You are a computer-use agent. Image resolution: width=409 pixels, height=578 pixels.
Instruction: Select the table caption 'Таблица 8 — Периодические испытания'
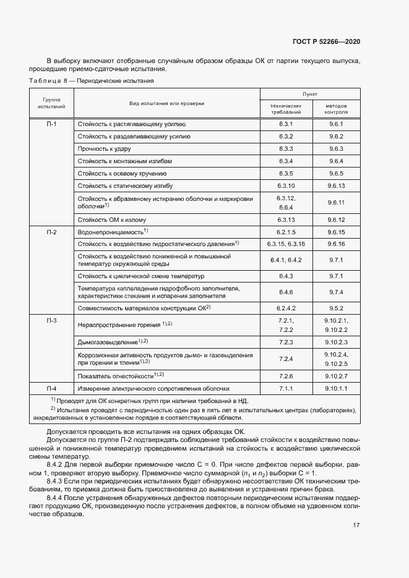coord(92,80)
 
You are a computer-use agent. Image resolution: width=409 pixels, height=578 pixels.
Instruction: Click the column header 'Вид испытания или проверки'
coord(166,103)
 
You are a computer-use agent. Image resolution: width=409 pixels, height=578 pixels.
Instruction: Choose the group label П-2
coord(51,232)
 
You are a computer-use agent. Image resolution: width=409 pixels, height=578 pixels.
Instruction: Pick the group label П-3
coord(51,320)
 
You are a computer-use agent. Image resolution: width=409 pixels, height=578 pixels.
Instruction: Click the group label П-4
coord(51,389)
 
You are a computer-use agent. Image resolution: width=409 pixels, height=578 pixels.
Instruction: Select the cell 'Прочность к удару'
coord(103,149)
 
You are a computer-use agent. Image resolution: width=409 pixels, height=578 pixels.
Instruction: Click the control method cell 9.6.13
coord(336,185)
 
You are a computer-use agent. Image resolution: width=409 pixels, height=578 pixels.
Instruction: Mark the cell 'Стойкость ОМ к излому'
coord(112,219)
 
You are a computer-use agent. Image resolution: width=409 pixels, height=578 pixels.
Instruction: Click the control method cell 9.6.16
coord(336,244)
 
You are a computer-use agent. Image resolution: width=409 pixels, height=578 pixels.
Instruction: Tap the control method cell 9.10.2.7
coord(336,376)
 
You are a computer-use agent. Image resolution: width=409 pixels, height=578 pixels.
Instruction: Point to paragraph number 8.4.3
coord(56,480)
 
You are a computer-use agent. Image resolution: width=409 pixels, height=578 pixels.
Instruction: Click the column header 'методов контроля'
coord(336,109)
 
